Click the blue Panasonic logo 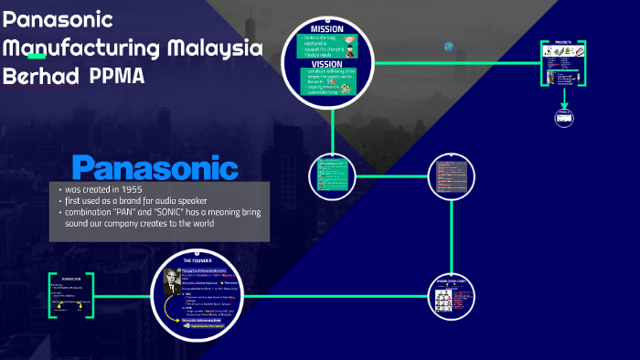tap(155, 167)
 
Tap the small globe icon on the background tap(449, 47)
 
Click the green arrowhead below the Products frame tap(563, 103)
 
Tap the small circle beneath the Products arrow tap(563, 117)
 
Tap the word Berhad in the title tap(38, 76)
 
